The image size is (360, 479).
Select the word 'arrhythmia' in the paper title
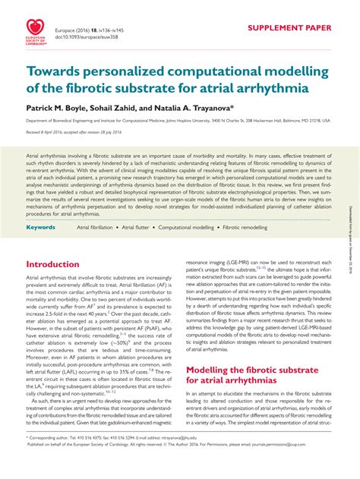click(x=267, y=87)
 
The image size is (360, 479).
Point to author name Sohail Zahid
click(x=125, y=109)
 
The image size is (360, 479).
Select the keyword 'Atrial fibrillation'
click(x=96, y=206)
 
